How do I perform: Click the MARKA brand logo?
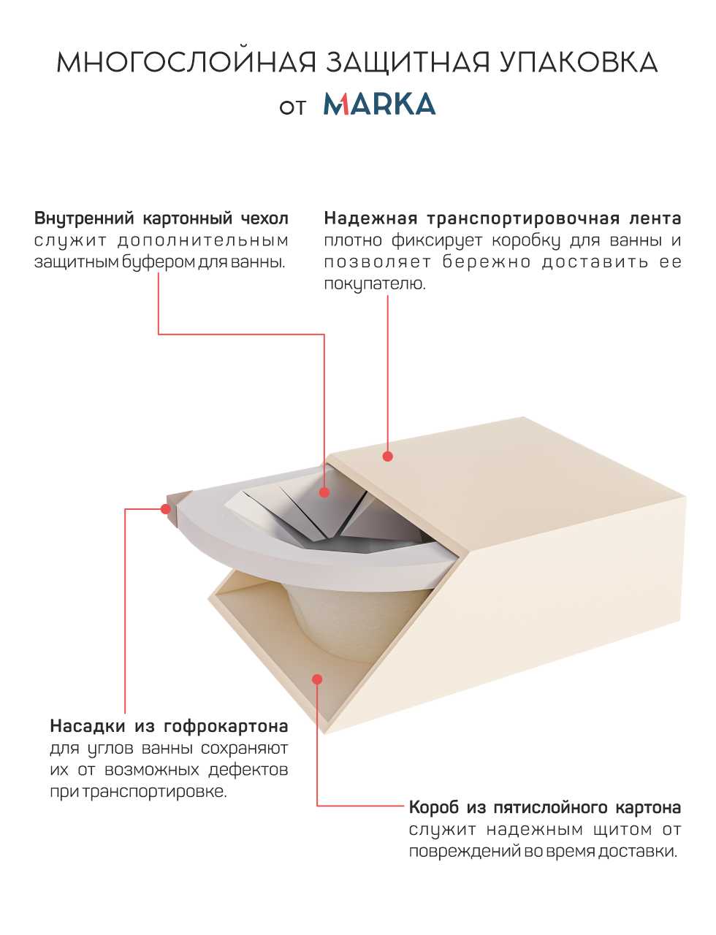point(379,104)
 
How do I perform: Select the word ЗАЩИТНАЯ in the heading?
point(408,63)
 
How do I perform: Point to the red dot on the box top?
point(387,456)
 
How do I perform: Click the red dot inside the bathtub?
point(324,492)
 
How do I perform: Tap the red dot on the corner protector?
point(165,509)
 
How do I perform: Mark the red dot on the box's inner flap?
point(317,679)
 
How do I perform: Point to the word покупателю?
point(374,284)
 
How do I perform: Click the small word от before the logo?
point(292,107)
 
